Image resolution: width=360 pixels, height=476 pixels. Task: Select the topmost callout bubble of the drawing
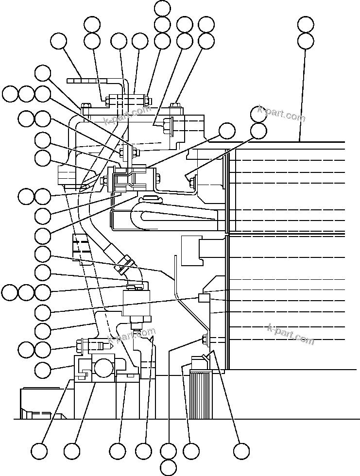pos(162,8)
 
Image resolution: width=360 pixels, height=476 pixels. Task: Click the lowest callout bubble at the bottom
pos(168,467)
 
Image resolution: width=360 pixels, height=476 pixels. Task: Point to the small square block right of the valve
pos(204,297)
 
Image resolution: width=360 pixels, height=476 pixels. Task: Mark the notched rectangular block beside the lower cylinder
pos(190,250)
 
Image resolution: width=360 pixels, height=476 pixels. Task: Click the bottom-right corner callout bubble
pos(240,451)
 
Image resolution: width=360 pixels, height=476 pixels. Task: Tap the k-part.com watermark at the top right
pos(282,115)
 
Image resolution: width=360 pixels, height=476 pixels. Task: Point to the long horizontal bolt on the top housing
pos(126,101)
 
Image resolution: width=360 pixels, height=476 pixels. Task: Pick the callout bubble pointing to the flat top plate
pos(59,41)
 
